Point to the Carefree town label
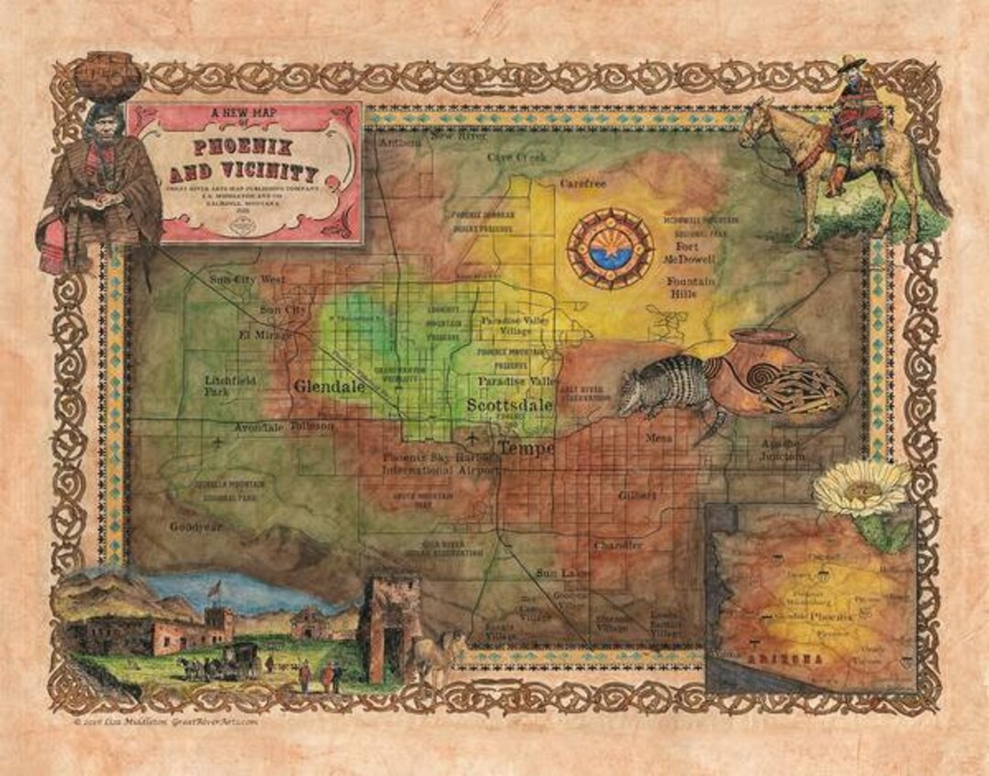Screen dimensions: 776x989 [583, 183]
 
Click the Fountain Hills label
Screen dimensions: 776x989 [692, 288]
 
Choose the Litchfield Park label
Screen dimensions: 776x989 [232, 385]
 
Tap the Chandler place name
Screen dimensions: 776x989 [618, 545]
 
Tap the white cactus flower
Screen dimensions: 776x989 [862, 488]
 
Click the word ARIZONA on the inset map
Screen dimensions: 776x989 [777, 661]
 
